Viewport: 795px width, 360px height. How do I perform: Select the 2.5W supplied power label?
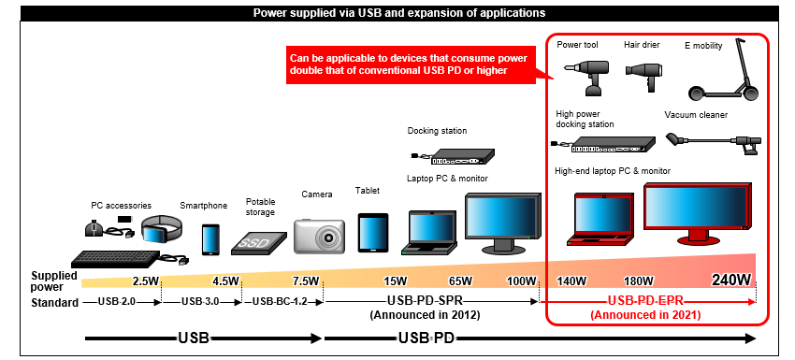point(145,281)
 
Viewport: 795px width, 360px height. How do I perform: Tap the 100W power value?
point(522,281)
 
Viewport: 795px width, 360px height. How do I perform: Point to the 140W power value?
point(571,281)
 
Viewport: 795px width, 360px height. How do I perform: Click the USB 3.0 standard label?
point(200,301)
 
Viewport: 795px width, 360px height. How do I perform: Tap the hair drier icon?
point(643,75)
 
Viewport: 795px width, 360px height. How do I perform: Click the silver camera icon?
point(316,235)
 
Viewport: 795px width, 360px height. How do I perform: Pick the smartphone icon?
point(210,238)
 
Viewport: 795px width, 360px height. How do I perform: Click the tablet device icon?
point(372,233)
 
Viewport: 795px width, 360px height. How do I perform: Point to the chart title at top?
point(399,13)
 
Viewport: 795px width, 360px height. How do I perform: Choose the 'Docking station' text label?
point(437,131)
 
